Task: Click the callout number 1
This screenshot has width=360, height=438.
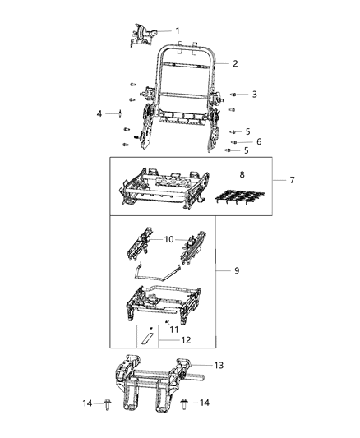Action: point(176,31)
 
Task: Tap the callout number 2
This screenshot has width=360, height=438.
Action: point(235,63)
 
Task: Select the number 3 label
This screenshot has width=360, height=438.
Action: point(254,95)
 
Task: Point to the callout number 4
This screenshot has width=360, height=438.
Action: point(99,113)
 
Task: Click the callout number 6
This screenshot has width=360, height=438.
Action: point(258,141)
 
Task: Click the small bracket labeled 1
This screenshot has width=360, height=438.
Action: point(145,33)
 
